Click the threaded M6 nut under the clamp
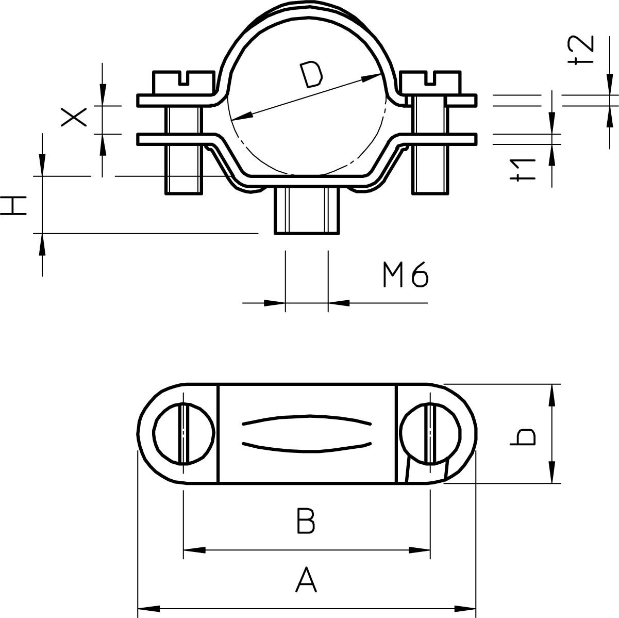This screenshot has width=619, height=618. click(307, 211)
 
